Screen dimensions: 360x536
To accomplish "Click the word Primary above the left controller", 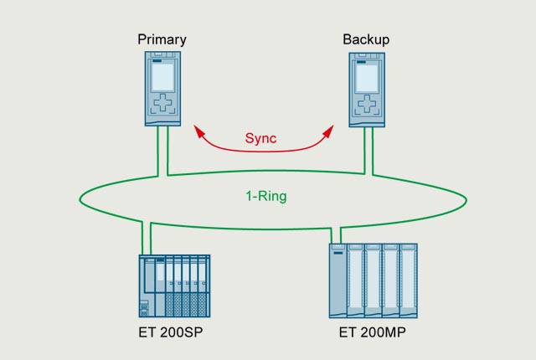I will tap(162, 39).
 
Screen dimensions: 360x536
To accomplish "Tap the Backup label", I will tap(366, 39).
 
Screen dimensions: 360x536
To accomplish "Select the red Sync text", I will tap(260, 138).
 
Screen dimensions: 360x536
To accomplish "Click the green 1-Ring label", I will tap(261, 198).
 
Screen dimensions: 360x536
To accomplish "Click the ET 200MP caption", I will tap(373, 332).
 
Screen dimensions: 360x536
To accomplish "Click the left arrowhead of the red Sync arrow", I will tap(198, 131).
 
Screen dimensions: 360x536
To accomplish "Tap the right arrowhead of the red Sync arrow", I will tap(326, 131).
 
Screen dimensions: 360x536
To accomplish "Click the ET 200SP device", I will tap(173, 285).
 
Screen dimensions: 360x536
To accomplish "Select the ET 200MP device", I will tap(373, 280).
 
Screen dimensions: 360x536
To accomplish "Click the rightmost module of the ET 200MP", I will tap(408, 280).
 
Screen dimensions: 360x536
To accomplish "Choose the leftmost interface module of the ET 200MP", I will tap(337, 280).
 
